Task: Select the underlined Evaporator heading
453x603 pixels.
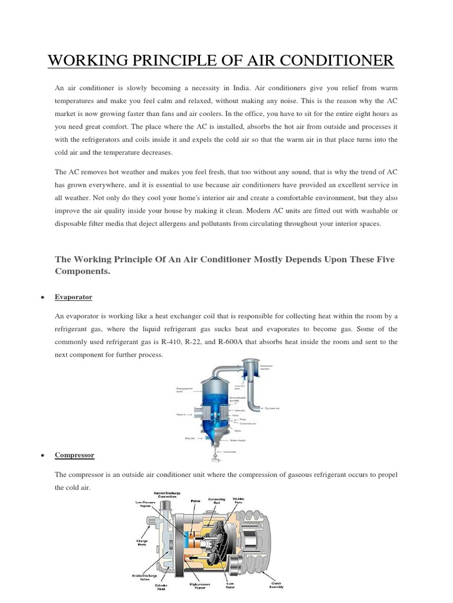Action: pyautogui.click(x=73, y=297)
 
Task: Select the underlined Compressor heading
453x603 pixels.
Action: pyautogui.click(x=74, y=455)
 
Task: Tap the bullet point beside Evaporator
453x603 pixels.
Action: pyautogui.click(x=42, y=297)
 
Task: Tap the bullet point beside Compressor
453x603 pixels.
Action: pyautogui.click(x=42, y=456)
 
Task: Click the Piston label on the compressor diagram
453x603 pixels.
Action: pyautogui.click(x=196, y=501)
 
